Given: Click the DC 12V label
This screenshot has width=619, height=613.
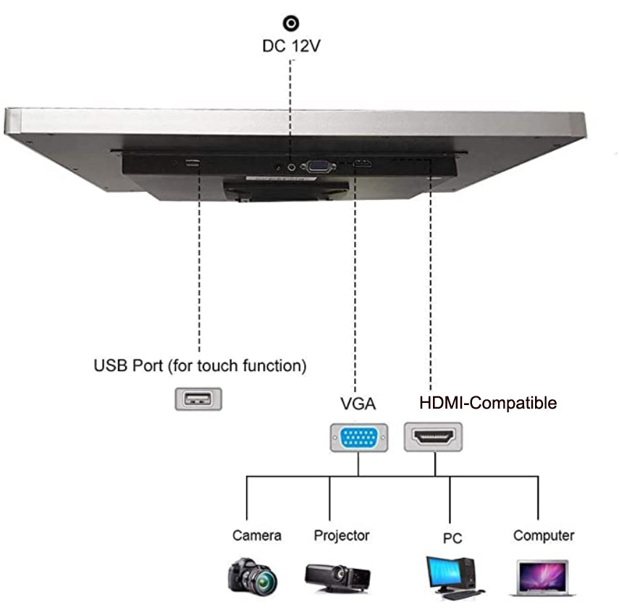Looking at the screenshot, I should pyautogui.click(x=291, y=46).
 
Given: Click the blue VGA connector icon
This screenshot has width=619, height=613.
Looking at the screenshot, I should pyautogui.click(x=358, y=438).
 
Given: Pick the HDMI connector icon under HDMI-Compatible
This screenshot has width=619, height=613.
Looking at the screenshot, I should pyautogui.click(x=433, y=437).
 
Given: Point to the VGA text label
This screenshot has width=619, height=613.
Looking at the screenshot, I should pyautogui.click(x=357, y=403).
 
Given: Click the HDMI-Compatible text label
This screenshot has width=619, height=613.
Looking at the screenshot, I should pyautogui.click(x=489, y=403).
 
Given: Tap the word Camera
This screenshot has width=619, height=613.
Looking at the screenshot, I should pyautogui.click(x=256, y=536).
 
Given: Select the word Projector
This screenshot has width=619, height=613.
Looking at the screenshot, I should pyautogui.click(x=341, y=536).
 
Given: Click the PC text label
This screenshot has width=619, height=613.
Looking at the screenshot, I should pyautogui.click(x=452, y=538).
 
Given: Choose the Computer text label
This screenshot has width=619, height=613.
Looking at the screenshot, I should pyautogui.click(x=544, y=536).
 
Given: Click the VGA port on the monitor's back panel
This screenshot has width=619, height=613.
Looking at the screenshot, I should pyautogui.click(x=317, y=166).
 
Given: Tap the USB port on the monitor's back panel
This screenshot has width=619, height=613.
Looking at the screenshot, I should pyautogui.click(x=192, y=163).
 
